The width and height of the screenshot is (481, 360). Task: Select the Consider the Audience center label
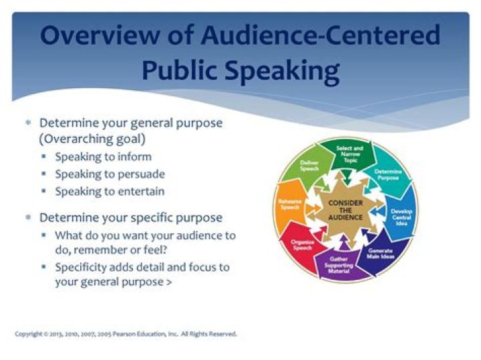(345, 208)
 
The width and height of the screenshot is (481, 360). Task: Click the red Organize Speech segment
(303, 245)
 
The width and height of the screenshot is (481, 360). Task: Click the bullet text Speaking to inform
(103, 157)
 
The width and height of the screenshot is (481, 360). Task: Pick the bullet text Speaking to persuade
(110, 174)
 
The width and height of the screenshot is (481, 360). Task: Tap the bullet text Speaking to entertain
(110, 191)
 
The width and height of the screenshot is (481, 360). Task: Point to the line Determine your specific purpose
(130, 218)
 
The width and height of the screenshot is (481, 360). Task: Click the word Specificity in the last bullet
(82, 267)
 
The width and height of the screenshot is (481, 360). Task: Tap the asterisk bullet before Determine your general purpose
(28, 124)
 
